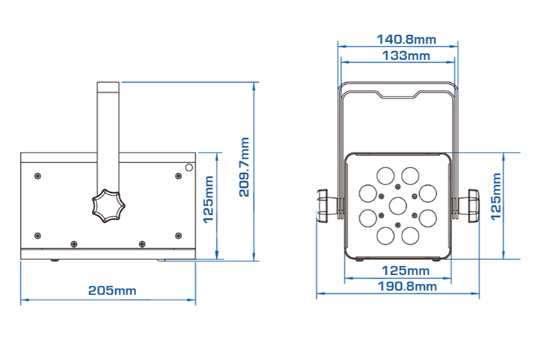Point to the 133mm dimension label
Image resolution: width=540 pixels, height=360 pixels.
point(398,55)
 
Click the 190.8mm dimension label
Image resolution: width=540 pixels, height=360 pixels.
point(398,286)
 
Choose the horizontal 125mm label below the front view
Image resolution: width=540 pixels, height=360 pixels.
point(398,271)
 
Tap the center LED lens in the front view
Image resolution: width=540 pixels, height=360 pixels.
point(398,204)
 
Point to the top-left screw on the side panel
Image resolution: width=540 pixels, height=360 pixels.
point(37,175)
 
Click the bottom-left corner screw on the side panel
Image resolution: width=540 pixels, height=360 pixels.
point(37,235)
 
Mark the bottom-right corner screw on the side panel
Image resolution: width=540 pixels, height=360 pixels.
point(179,235)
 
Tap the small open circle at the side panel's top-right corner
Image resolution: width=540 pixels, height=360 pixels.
point(189,167)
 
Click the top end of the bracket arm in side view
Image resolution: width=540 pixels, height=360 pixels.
point(108,86)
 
